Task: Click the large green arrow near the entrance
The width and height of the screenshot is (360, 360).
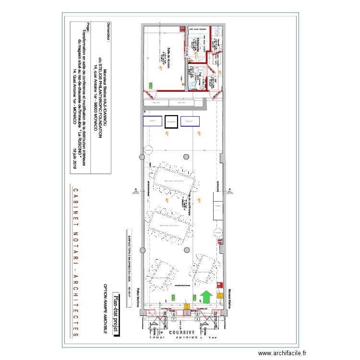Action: click(x=206, y=297)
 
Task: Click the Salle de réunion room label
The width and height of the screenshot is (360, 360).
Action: click(x=169, y=57)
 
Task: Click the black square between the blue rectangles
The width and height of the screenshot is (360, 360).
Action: click(x=171, y=122)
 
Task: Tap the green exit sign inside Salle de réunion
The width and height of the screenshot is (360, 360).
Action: click(x=151, y=85)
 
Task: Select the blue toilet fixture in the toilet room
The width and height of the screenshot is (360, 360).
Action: click(x=194, y=82)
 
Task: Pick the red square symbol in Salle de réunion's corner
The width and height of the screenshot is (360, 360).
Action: click(x=184, y=28)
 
